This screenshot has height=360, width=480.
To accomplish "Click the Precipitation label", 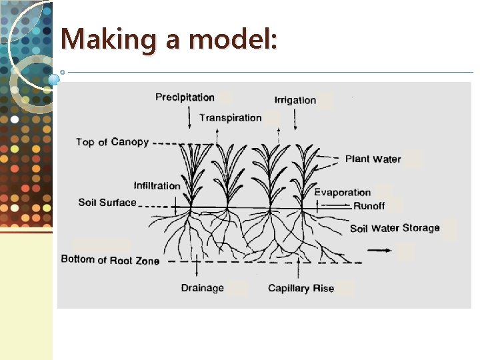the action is (185, 97).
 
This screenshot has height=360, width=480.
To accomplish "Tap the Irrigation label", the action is (295, 100).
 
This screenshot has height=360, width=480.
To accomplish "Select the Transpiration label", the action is (231, 118).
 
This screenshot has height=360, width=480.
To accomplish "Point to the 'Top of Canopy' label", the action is (112, 142).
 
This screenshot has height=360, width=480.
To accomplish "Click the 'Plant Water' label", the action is (373, 159).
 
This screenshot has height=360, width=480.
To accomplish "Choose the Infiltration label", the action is (157, 185).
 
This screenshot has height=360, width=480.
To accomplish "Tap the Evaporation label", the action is (343, 193).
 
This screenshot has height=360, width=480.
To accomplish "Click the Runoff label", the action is (369, 206).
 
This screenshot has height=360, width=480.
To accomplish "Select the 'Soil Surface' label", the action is (107, 202).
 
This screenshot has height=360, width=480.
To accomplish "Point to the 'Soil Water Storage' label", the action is (395, 228).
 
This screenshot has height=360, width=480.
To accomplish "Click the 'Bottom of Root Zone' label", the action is (110, 260).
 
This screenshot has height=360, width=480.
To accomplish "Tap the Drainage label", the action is (202, 288).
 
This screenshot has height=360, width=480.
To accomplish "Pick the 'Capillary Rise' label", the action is (301, 288).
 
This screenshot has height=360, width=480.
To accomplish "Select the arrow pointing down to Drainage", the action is (198, 266).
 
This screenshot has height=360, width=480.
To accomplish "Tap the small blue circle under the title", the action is (54, 79).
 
